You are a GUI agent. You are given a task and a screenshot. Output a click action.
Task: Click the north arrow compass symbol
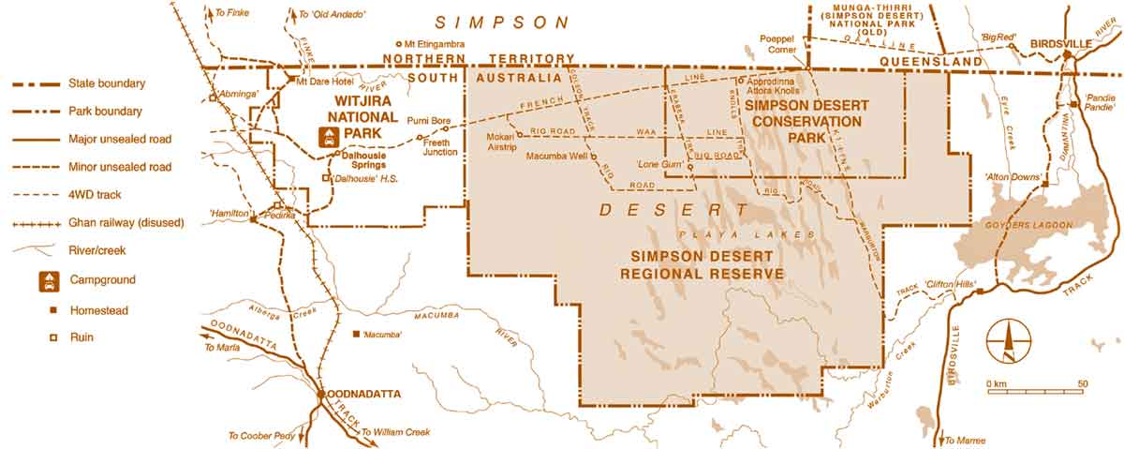click(1009, 340)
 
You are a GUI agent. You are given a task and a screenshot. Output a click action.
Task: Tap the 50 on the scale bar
click(1082, 383)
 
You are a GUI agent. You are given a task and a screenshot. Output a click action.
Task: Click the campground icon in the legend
click(50, 279)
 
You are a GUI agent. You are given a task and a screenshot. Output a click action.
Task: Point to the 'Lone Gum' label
click(657, 163)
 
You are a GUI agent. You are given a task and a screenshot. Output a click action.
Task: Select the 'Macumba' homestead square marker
click(355, 334)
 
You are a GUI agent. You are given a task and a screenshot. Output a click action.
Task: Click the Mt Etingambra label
click(435, 44)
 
